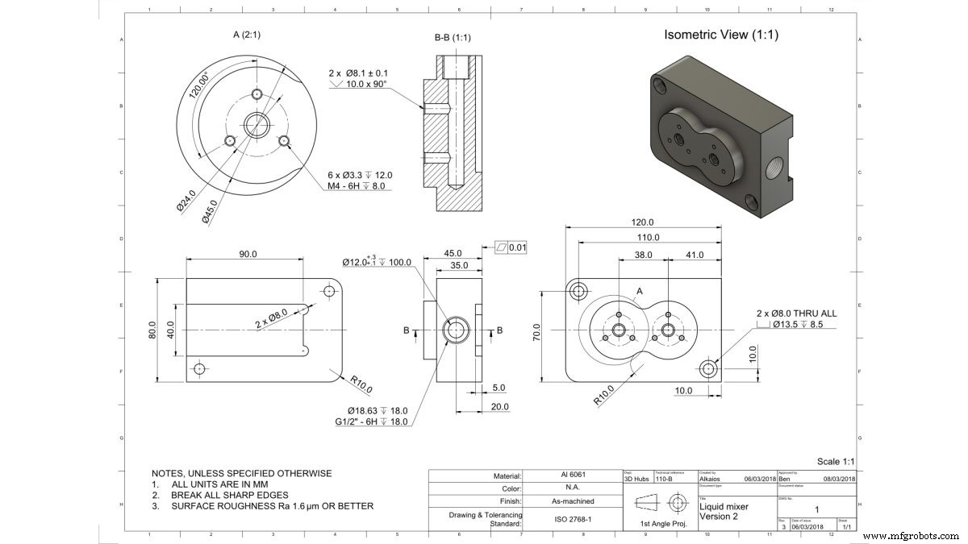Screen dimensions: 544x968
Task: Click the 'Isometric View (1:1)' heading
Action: pos(720,35)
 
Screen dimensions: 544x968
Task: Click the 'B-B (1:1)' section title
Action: pos(453,37)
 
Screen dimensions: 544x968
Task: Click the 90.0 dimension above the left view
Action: pos(247,254)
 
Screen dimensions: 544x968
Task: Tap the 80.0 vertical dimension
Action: pos(152,330)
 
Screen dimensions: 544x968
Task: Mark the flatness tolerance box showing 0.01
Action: pos(510,247)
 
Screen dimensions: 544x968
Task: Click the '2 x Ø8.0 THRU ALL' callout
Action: pos(795,313)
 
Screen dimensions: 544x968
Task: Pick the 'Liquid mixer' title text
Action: pos(724,507)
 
